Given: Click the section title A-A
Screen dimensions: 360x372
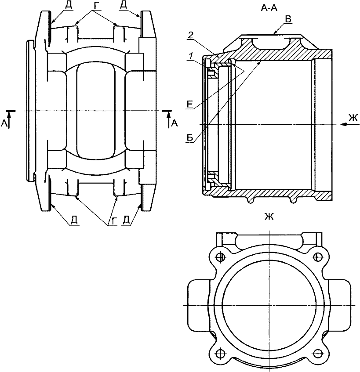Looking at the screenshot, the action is pyautogui.click(x=269, y=8).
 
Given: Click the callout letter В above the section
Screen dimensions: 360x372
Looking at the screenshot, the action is pyautogui.click(x=288, y=19).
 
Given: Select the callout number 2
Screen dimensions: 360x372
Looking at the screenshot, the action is pyautogui.click(x=190, y=35).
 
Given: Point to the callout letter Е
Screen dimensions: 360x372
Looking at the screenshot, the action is pyautogui.click(x=189, y=104).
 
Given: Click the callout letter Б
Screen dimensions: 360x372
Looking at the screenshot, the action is pyautogui.click(x=190, y=137).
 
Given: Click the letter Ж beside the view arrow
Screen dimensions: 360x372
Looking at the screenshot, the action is pyautogui.click(x=353, y=118).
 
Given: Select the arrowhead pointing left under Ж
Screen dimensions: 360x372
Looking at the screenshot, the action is pyautogui.click(x=343, y=124).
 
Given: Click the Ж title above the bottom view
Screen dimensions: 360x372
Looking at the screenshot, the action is pyautogui.click(x=269, y=217).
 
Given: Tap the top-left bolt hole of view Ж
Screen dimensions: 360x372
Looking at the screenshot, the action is pyautogui.click(x=221, y=256).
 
